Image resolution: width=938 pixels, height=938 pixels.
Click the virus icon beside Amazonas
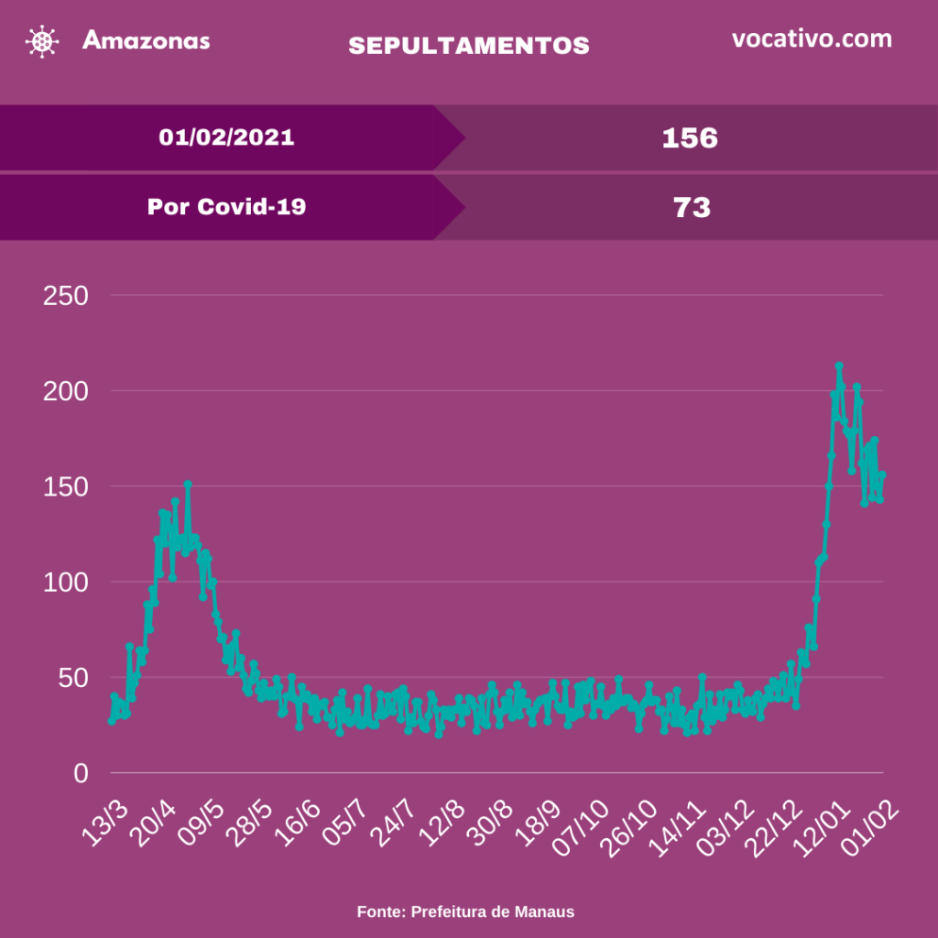pos(41,42)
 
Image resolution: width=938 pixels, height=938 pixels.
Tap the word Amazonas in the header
pos(146,40)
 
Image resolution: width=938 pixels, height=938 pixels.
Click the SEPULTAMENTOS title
pos(469,46)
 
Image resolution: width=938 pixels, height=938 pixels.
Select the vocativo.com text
pos(812,39)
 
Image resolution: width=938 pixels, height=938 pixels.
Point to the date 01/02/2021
pos(226,137)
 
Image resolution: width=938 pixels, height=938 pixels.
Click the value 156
pos(690,138)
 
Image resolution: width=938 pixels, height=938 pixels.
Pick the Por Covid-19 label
pos(226,207)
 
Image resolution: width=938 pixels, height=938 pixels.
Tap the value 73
pos(692,208)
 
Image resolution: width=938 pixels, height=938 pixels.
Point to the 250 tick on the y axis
pos(67,296)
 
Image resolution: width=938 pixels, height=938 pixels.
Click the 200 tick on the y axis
pos(67,391)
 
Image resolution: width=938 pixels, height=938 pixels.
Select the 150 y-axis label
pos(67,486)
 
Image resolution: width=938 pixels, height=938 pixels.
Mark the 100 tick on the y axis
pos(67,583)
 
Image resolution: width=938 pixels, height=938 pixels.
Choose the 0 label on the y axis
pos(82,774)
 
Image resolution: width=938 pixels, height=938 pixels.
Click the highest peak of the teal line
pos(838,366)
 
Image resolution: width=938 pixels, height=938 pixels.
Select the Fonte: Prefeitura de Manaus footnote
pos(465,911)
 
